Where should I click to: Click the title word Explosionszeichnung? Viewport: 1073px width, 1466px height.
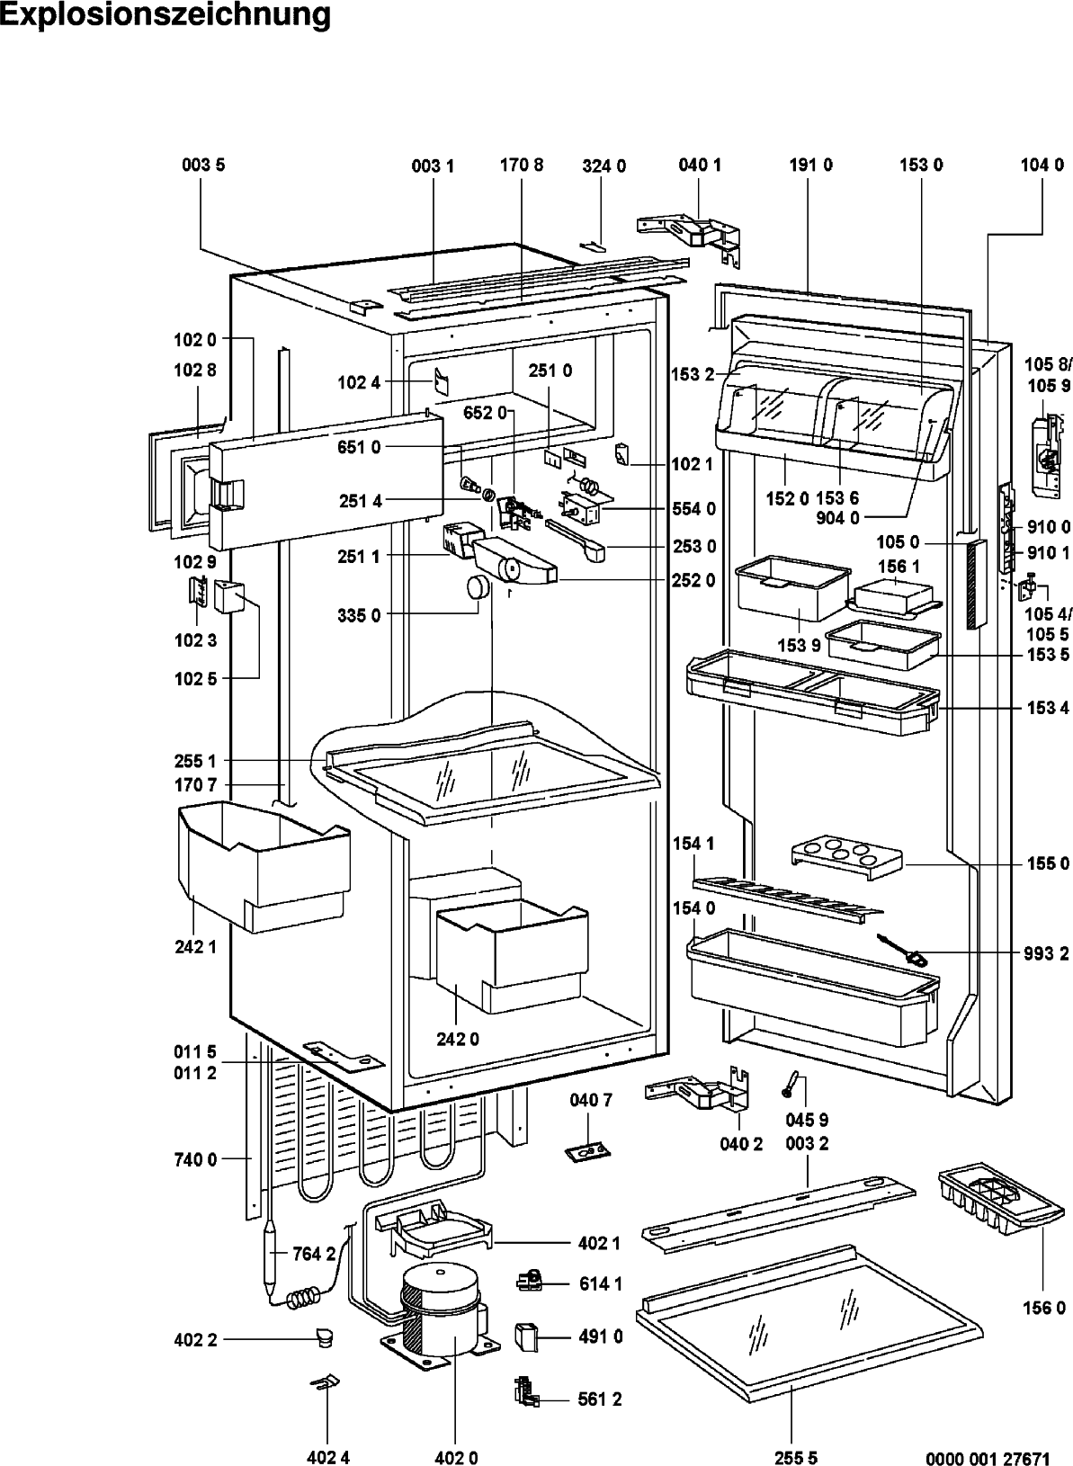click(x=165, y=14)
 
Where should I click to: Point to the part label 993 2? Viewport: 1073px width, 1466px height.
click(x=1046, y=953)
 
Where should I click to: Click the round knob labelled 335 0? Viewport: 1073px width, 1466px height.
click(x=478, y=586)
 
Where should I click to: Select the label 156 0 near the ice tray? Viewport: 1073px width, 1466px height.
click(x=1044, y=1308)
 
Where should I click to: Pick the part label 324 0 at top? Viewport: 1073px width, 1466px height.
click(x=604, y=166)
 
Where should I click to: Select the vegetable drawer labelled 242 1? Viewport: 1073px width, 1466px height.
click(x=264, y=866)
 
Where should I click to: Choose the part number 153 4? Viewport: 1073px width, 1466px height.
click(x=1048, y=708)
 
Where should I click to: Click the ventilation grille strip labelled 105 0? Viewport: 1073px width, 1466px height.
click(x=976, y=585)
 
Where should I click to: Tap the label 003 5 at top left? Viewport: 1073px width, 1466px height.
click(x=203, y=165)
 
